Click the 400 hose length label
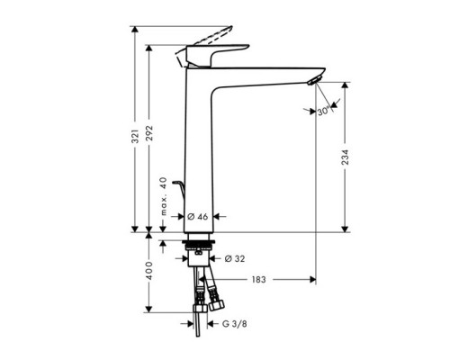(150, 271)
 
